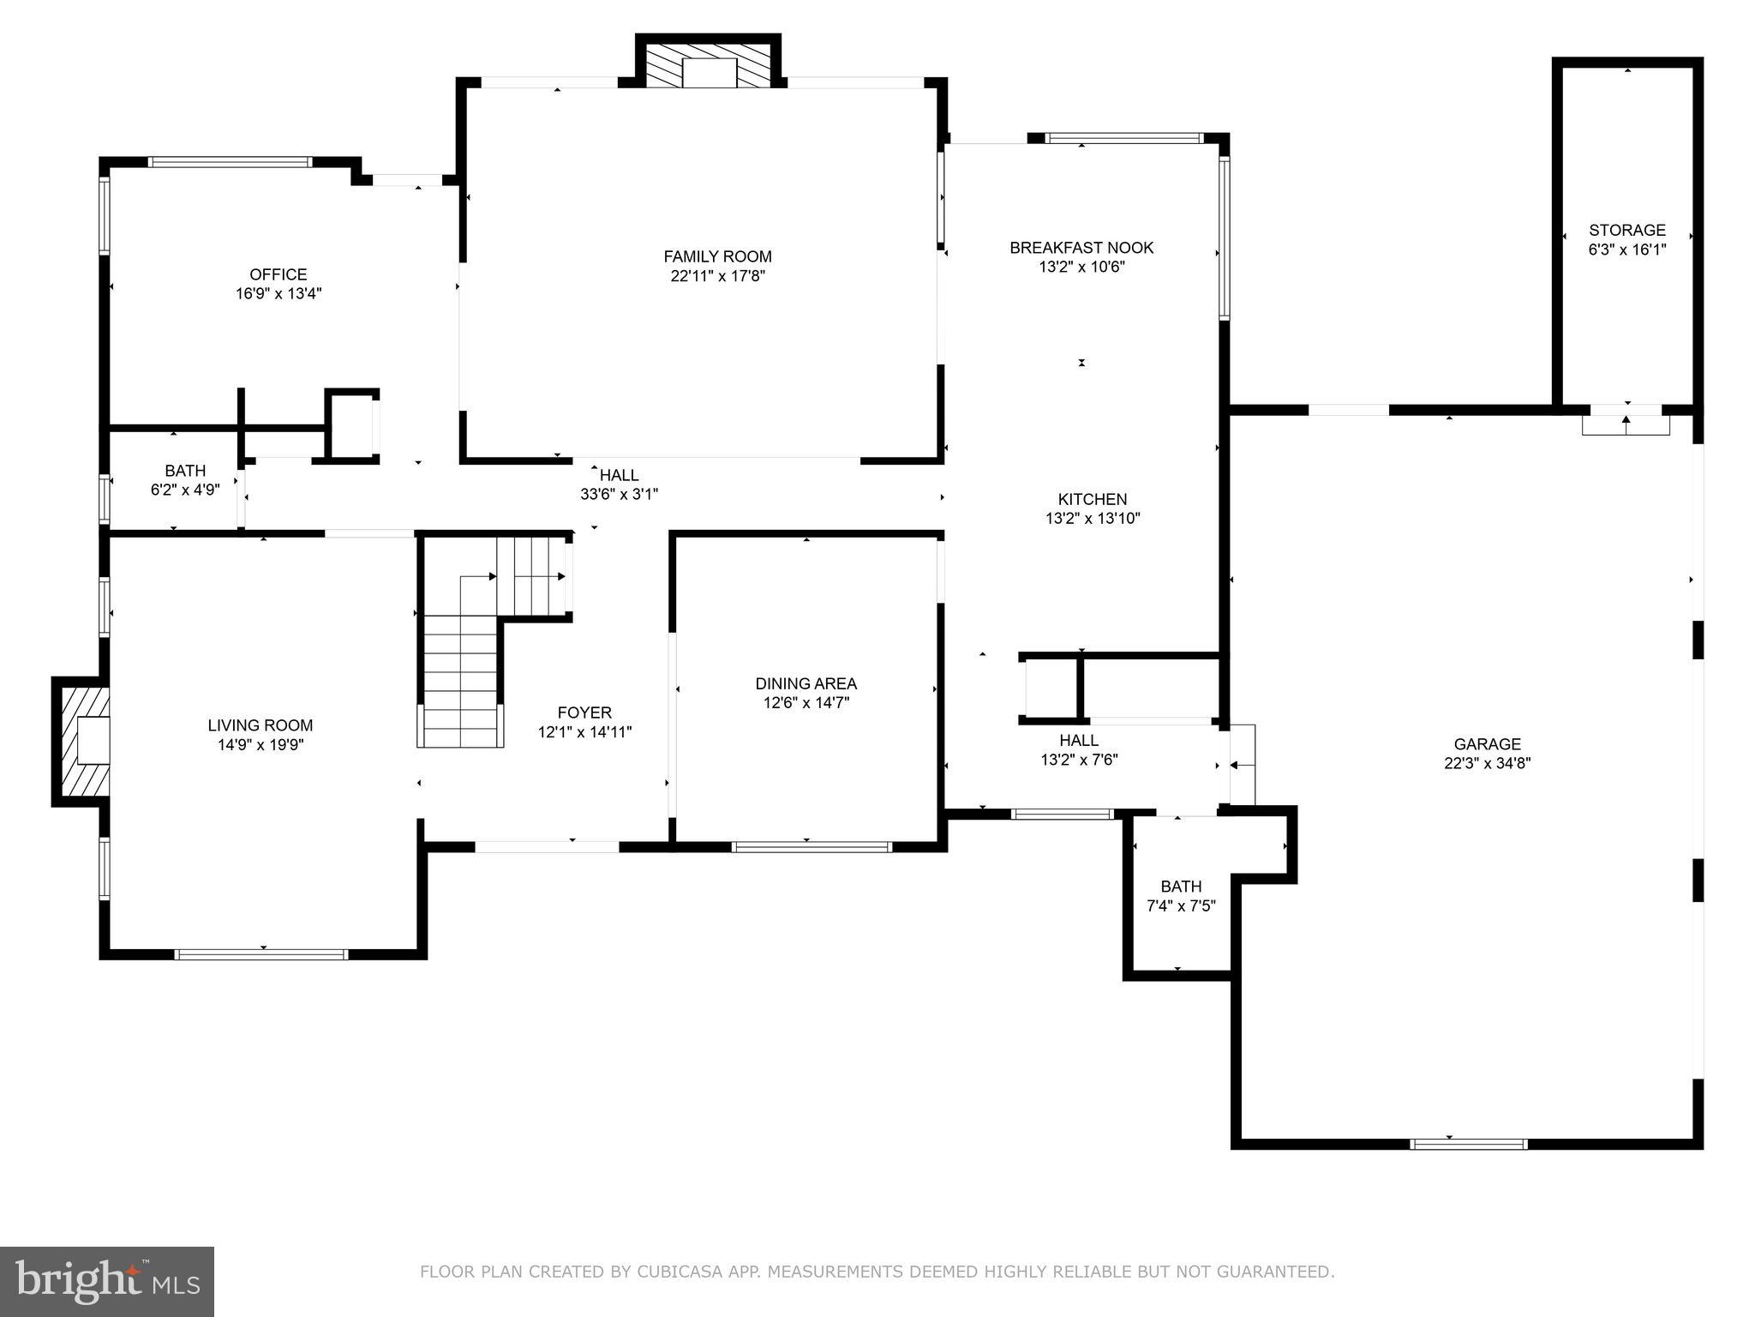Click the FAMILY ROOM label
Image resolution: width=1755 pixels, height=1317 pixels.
click(x=717, y=256)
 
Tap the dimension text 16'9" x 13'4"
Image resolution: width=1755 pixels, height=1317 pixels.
click(x=279, y=293)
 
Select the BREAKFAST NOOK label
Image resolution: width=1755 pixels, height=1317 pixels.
click(x=1081, y=248)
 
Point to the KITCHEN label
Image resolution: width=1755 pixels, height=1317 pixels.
click(x=1092, y=499)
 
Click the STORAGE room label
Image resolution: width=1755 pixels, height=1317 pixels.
click(x=1626, y=230)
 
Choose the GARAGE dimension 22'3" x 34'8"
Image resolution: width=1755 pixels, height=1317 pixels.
click(x=1487, y=763)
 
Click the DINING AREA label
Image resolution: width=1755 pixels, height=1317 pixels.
click(x=806, y=683)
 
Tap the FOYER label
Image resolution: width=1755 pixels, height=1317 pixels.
click(x=584, y=713)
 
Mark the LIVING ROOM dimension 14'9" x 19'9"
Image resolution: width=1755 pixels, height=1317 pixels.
click(x=261, y=744)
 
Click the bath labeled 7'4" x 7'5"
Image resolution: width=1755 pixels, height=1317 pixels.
click(x=1181, y=896)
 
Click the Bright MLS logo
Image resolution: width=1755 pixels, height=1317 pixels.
click(x=107, y=1281)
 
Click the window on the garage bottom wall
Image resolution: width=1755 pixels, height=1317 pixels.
click(x=1468, y=1144)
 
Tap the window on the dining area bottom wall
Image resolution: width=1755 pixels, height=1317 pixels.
click(x=811, y=847)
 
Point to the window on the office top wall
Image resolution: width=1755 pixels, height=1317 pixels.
click(x=230, y=161)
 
